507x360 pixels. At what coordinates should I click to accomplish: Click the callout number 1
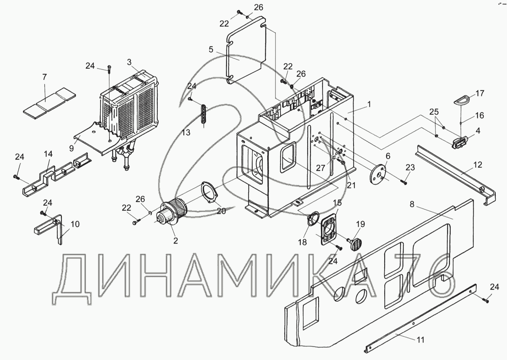point(369,104)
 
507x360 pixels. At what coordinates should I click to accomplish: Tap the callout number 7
point(44,77)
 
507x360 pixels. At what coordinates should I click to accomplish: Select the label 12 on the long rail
point(478,165)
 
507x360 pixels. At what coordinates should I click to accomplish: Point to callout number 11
point(420,340)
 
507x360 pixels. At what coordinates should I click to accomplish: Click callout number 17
point(480,93)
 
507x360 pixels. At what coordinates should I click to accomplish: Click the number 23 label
point(410,167)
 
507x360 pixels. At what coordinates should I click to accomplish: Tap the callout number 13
point(186,132)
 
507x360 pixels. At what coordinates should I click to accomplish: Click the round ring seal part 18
point(313,219)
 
